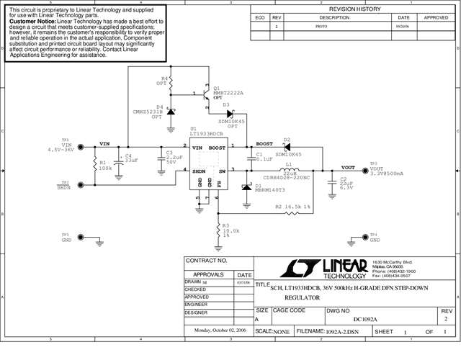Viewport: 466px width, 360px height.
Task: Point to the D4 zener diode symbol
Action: click(171, 111)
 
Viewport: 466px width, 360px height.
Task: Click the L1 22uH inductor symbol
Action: click(290, 170)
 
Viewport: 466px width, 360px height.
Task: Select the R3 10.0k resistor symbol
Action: click(218, 230)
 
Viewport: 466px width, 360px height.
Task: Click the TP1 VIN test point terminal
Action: click(80, 146)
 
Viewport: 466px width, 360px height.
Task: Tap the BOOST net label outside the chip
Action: click(264, 143)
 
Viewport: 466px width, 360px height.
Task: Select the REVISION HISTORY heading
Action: click(354, 9)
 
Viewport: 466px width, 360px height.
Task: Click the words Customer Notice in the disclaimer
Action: click(32, 22)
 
